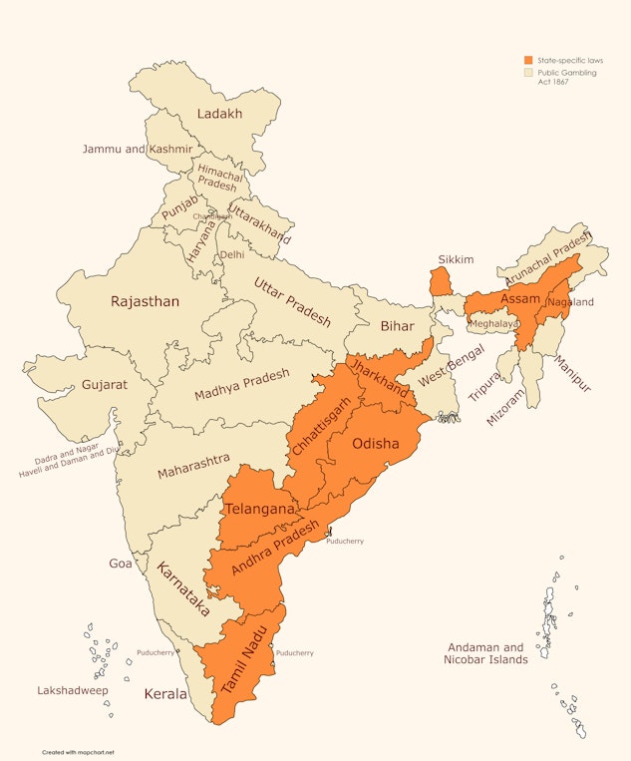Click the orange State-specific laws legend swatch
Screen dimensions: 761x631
click(529, 61)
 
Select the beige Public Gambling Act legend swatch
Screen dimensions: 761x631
click(529, 74)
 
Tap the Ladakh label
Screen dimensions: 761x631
click(219, 114)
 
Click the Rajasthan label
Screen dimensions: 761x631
click(145, 301)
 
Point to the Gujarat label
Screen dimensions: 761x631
click(105, 384)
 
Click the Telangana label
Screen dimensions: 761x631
click(259, 510)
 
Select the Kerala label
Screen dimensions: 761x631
click(165, 693)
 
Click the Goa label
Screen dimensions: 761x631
click(121, 564)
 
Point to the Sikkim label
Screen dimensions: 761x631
click(455, 259)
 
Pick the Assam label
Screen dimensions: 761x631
click(520, 299)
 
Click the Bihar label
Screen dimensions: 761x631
click(397, 326)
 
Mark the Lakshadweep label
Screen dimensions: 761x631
click(73, 690)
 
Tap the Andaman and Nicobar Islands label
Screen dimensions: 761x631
click(484, 653)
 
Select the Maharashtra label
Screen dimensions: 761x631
click(193, 465)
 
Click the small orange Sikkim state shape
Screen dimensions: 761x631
click(440, 280)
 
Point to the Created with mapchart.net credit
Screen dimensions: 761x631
click(78, 752)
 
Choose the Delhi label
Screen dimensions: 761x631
click(231, 254)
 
